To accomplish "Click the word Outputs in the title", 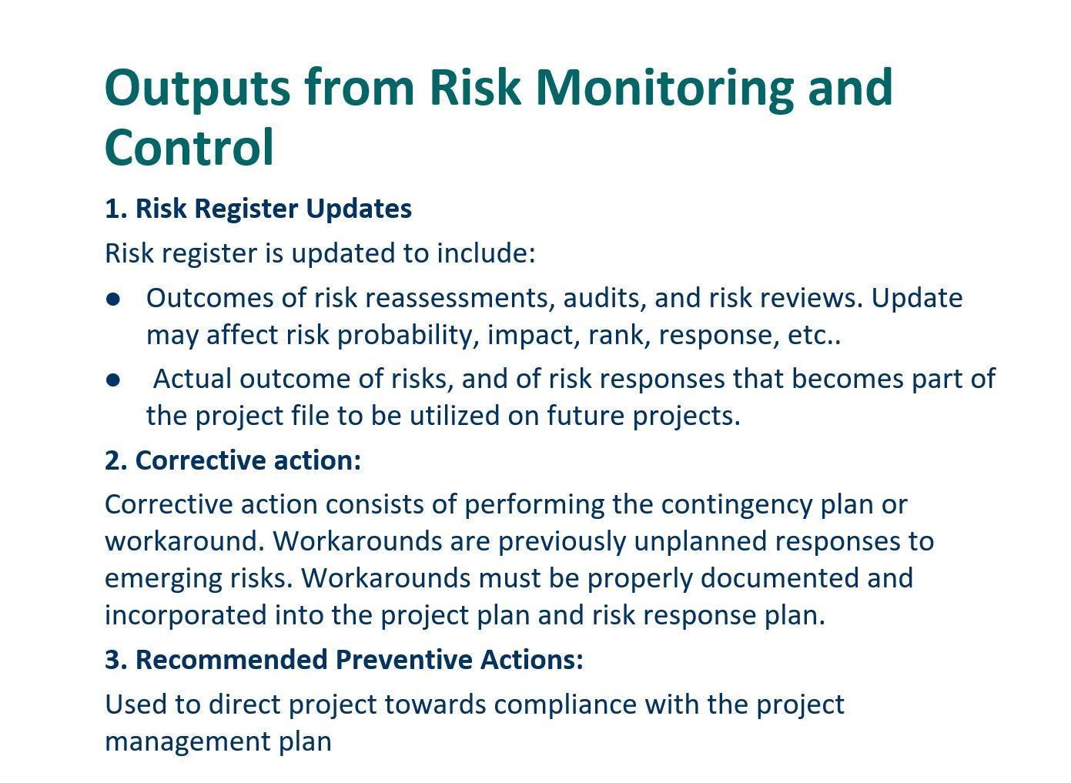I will (197, 88).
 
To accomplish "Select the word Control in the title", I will (189, 148).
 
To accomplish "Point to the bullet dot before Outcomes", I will (114, 299).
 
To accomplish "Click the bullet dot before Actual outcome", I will (114, 380).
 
